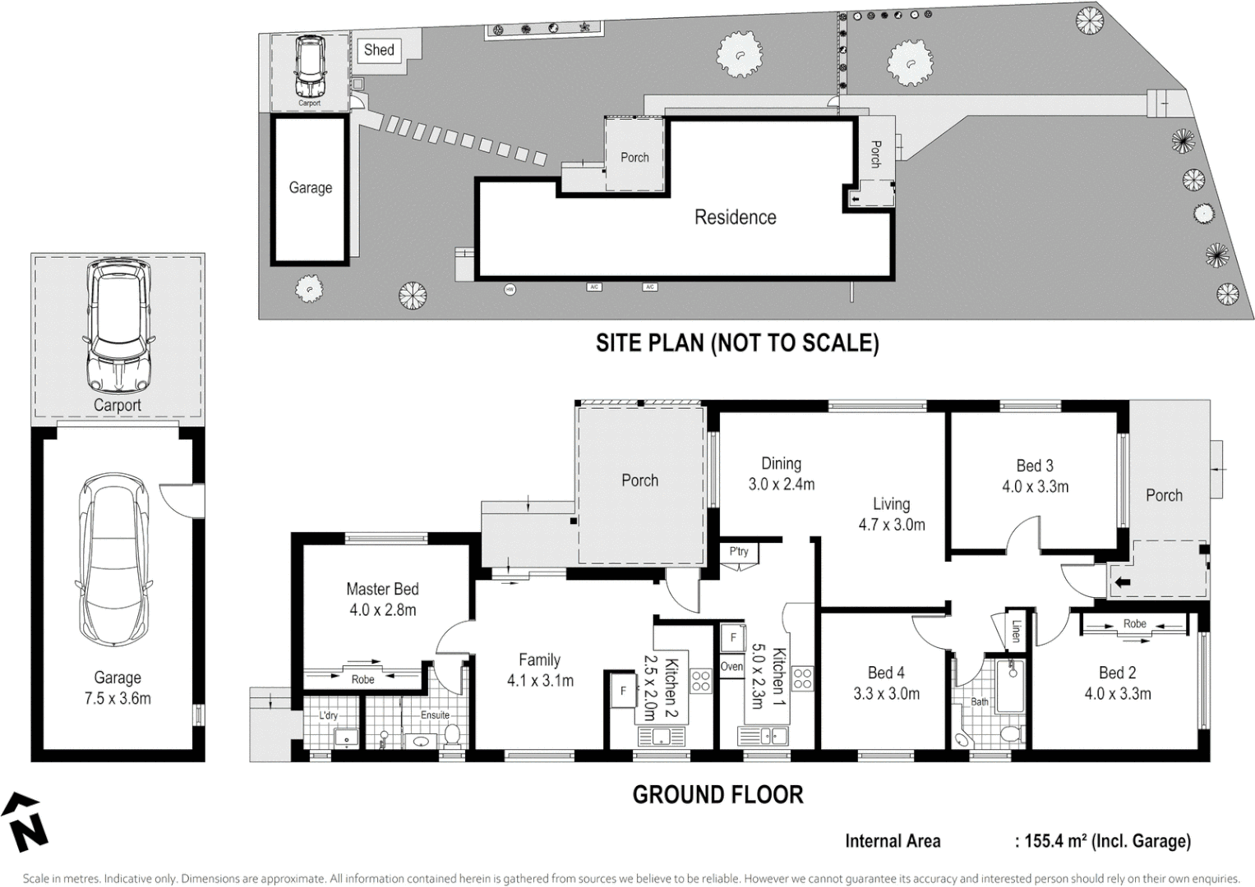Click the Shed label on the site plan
379,50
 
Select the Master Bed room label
382,589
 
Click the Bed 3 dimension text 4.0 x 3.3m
1035,487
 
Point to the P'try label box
739,551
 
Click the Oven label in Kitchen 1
731,667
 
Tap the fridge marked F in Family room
622,691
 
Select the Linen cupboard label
1016,631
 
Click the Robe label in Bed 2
1134,624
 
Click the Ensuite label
435,715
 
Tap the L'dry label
328,715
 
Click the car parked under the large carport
118,326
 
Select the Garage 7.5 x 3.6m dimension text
118,699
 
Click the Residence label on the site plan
735,218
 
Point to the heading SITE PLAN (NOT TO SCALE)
736,342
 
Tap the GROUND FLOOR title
717,794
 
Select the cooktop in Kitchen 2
700,680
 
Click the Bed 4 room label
886,673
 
